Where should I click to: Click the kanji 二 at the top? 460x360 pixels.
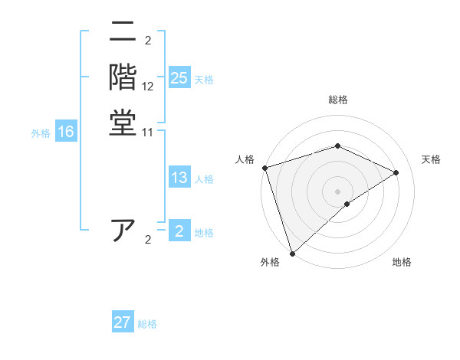tap(123, 33)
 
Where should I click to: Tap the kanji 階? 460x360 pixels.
tap(123, 77)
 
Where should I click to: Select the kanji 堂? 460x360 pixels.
tap(123, 123)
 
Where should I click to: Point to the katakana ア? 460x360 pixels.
tap(123, 230)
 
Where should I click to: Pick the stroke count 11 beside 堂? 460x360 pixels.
tap(148, 132)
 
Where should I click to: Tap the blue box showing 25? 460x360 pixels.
tap(179, 78)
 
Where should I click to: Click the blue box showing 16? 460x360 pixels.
tap(66, 133)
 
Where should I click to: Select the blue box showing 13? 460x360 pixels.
tap(179, 178)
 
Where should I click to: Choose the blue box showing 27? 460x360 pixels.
tap(123, 322)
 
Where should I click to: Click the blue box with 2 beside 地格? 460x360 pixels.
tap(179, 231)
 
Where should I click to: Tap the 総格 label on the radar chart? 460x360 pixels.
tap(338, 100)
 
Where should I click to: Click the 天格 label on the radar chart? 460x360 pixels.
tap(431, 159)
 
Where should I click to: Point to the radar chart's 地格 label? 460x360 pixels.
tap(402, 263)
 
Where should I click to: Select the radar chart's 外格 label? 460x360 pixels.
tap(270, 263)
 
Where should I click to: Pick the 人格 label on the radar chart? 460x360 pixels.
tap(245, 159)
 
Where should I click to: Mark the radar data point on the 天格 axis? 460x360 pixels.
tap(396, 172)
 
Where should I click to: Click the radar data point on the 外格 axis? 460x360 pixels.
tap(292, 253)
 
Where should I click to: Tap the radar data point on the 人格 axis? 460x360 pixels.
tap(264, 168)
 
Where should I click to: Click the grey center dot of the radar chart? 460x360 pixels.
tap(338, 191)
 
